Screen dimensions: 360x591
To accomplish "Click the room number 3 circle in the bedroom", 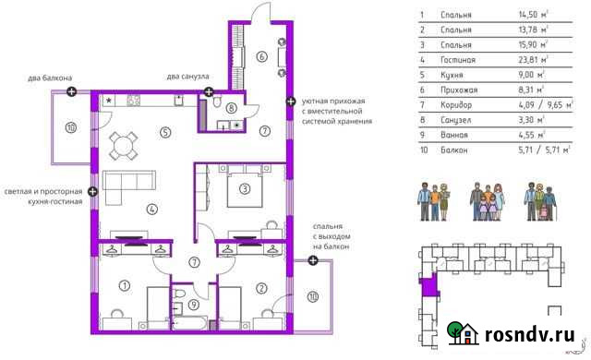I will click(x=245, y=190).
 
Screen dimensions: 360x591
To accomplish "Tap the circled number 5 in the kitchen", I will click(x=165, y=131).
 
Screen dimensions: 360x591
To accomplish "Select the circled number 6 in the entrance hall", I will click(x=262, y=56).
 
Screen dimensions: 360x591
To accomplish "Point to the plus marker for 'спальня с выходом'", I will click(x=314, y=260).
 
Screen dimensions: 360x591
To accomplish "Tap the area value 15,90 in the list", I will click(x=534, y=45).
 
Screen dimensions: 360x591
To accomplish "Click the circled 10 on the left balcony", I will click(x=70, y=126).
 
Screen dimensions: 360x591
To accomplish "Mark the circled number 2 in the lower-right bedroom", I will click(x=262, y=288).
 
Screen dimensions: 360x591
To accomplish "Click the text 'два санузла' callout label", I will click(x=188, y=76).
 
